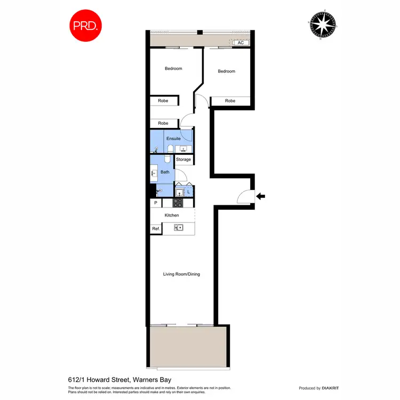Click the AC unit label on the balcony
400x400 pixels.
(241, 42)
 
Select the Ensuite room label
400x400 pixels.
(173, 139)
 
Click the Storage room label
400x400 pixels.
(183, 159)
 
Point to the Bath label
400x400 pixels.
(165, 172)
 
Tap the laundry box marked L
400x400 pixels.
(188, 191)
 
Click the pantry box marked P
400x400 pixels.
(156, 203)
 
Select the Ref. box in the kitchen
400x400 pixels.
(156, 229)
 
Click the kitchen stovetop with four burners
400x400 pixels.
(177, 203)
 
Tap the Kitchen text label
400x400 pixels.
(172, 215)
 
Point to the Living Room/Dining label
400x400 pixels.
(181, 274)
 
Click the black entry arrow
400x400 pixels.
(261, 196)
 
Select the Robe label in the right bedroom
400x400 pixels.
(230, 101)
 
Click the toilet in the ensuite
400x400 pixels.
(170, 148)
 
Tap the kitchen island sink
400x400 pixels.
(179, 228)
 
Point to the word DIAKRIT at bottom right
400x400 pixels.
(324, 388)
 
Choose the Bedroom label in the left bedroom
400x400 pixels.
(173, 68)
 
